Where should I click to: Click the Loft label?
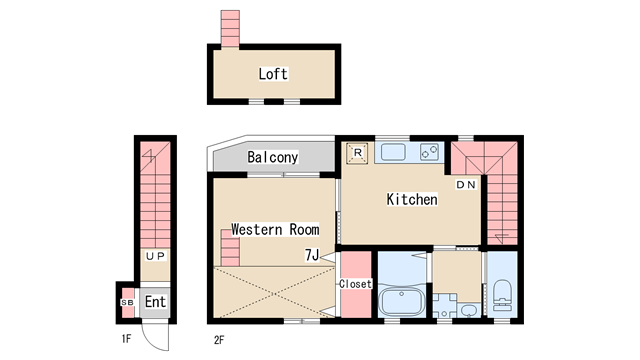[x=273, y=74]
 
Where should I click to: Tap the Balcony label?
[x=273, y=157]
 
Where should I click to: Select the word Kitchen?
[x=412, y=199]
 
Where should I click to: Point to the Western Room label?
[x=275, y=229]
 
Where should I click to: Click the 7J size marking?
[x=312, y=255]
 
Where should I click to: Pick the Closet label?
[x=356, y=284]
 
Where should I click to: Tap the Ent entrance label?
[x=156, y=302]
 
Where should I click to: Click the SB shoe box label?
[x=127, y=302]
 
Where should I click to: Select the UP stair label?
[x=156, y=256]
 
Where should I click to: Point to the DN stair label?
[x=466, y=185]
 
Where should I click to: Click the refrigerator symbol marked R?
[x=357, y=153]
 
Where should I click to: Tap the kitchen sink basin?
[x=393, y=152]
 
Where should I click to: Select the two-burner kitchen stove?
[x=429, y=152]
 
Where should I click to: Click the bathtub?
[x=402, y=301]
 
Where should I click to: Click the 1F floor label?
[x=126, y=339]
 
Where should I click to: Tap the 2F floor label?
[x=219, y=340]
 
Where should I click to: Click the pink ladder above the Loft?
[x=230, y=29]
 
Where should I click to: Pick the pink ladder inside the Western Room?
[x=230, y=248]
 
